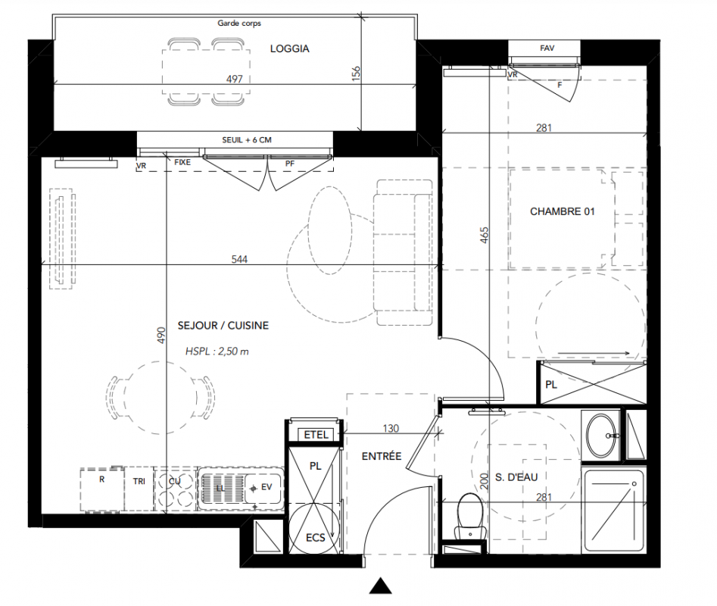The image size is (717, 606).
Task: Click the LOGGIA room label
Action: click(289, 48)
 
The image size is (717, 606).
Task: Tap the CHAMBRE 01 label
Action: click(563, 211)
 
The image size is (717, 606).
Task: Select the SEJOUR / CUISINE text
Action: click(223, 326)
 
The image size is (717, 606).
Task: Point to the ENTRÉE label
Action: click(382, 456)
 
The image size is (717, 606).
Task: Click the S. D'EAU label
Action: click(516, 477)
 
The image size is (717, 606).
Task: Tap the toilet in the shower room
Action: click(469, 517)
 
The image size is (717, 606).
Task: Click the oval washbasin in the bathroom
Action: click(601, 436)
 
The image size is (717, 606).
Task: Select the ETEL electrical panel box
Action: click(316, 435)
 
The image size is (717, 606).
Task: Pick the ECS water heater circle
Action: click(315, 527)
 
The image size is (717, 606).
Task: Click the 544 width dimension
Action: click(239, 259)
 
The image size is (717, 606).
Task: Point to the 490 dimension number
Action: click(161, 336)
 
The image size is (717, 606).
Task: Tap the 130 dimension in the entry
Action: click(391, 429)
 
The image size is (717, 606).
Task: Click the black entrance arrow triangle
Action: click(380, 586)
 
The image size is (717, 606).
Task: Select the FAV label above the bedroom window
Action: click(547, 48)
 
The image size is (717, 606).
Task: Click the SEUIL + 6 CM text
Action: click(247, 140)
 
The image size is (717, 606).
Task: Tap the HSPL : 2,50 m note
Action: click(217, 351)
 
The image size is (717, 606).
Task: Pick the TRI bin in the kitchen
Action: click(139, 488)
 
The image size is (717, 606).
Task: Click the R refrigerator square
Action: click(102, 489)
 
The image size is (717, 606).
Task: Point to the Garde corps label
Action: click(239, 23)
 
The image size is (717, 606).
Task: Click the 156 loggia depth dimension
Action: click(356, 73)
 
